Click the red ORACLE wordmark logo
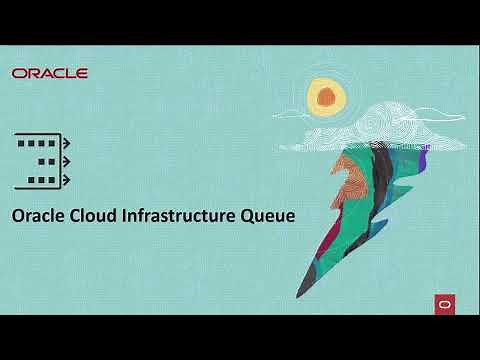point(50,73)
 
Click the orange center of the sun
point(325,96)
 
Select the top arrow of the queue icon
point(67,143)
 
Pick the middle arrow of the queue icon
point(67,160)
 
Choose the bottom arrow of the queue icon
point(67,178)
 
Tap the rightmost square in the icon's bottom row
point(49,178)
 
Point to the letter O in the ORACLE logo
point(19,73)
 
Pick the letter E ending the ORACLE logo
point(82,73)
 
